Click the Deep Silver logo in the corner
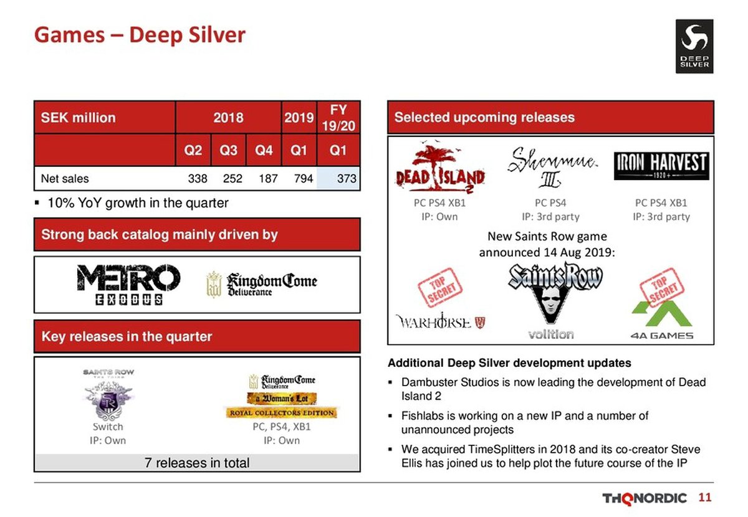click(x=694, y=46)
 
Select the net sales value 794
click(x=303, y=179)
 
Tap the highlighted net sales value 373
click(x=347, y=179)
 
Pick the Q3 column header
click(x=228, y=150)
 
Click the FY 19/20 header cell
click(x=338, y=118)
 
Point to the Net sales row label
click(x=65, y=179)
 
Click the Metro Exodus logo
click(x=128, y=285)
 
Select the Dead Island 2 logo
click(x=440, y=169)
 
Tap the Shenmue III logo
click(x=552, y=168)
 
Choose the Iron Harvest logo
click(x=661, y=166)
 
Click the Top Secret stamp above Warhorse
click(x=440, y=287)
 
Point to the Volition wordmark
click(x=551, y=334)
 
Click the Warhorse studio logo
click(x=440, y=322)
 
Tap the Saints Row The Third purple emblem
click(x=108, y=400)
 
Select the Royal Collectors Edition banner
click(x=281, y=413)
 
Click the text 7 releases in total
click(x=197, y=463)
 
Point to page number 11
click(x=704, y=498)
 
